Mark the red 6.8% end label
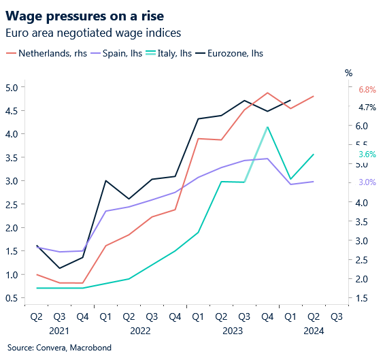[x=367, y=90]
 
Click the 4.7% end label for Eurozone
[x=367, y=108]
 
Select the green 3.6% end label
[x=367, y=154]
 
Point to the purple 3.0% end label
[x=367, y=182]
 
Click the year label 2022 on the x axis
[x=140, y=331]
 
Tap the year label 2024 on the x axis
[x=314, y=331]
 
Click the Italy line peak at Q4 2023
[x=267, y=127]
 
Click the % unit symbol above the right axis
[x=349, y=73]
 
